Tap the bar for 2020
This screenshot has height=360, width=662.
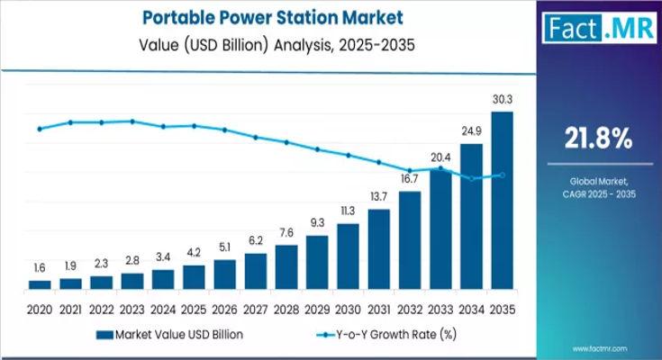40,283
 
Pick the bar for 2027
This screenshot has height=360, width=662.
256,270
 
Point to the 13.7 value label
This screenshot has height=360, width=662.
379,196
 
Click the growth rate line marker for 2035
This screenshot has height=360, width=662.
503,175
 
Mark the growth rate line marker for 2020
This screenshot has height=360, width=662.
40,129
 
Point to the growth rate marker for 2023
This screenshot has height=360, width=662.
132,121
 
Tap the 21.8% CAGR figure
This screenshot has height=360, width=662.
597,139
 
